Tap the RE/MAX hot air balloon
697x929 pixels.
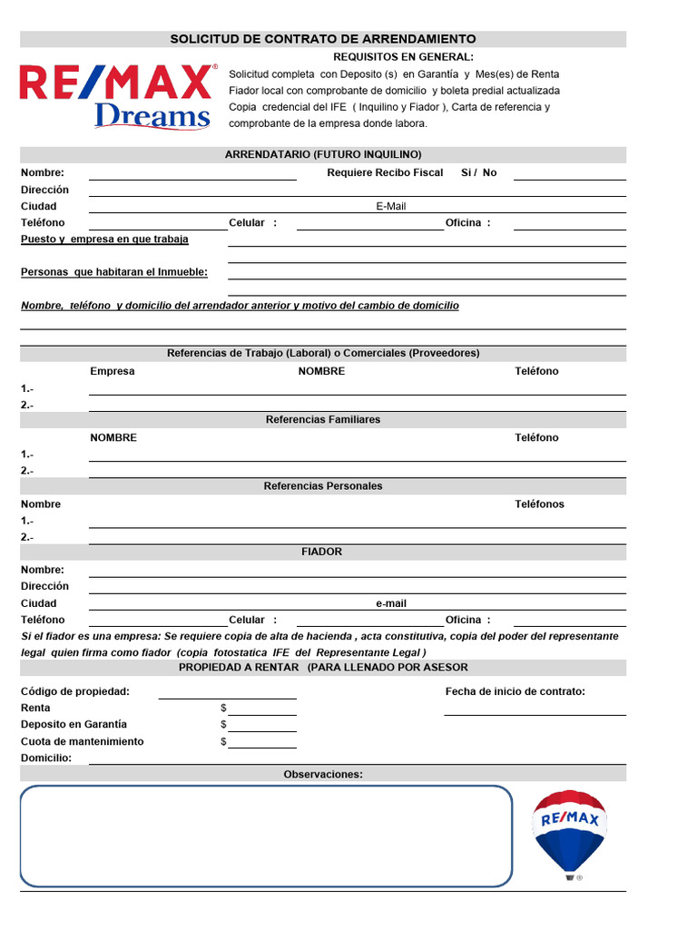click(x=569, y=833)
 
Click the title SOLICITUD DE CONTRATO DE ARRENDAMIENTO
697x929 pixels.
click(x=323, y=39)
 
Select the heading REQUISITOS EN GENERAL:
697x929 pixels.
click(x=403, y=57)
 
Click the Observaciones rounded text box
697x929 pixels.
click(x=266, y=836)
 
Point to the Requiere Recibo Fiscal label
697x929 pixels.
click(x=385, y=172)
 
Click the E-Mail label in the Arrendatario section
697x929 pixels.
click(x=391, y=206)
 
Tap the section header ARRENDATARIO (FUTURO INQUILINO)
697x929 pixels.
click(x=323, y=155)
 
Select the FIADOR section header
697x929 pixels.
click(x=322, y=552)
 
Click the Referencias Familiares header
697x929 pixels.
click(x=323, y=419)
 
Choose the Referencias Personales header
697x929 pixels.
click(x=323, y=486)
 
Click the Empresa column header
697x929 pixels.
click(x=113, y=371)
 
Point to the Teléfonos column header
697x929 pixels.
click(x=539, y=504)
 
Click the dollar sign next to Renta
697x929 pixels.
click(x=223, y=708)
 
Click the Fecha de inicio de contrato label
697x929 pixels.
click(x=515, y=691)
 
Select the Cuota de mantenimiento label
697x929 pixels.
click(x=83, y=741)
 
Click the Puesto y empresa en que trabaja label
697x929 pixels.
click(x=104, y=240)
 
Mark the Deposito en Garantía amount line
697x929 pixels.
click(x=262, y=729)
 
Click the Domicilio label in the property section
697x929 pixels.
click(x=46, y=758)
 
